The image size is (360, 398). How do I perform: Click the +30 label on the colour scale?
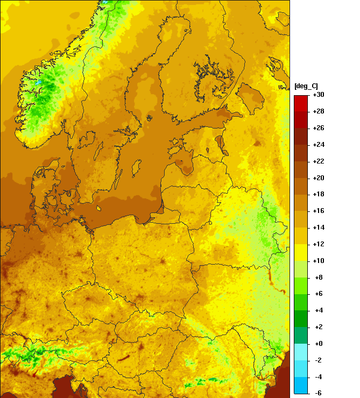click(x=319, y=95)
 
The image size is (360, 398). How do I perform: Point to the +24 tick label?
click(x=319, y=145)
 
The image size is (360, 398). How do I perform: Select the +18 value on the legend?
click(x=319, y=194)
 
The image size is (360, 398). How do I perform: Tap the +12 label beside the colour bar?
click(x=319, y=244)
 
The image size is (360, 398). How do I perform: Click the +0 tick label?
click(x=319, y=343)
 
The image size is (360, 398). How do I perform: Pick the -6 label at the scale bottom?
click(x=319, y=393)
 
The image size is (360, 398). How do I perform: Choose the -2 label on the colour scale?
click(x=319, y=360)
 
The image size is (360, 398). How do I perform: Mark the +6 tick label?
click(x=319, y=294)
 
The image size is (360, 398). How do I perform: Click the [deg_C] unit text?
click(x=306, y=86)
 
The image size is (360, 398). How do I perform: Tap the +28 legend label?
click(x=319, y=111)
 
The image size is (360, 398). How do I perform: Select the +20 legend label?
click(x=319, y=177)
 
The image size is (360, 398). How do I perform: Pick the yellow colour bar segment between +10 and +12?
click(x=301, y=252)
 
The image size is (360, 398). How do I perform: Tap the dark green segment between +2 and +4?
click(x=301, y=318)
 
